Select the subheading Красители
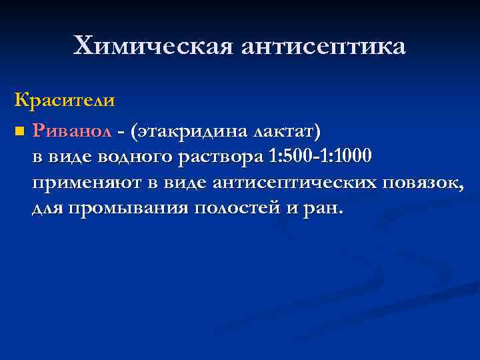pos(65,101)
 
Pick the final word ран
pos(325,208)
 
